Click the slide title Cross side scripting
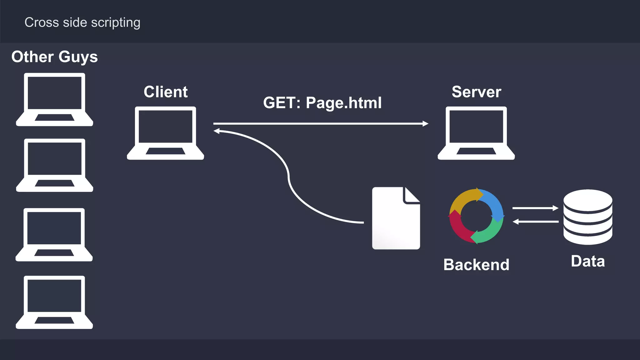[x=82, y=22]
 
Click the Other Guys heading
[x=54, y=57]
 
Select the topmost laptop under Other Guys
[x=54, y=99]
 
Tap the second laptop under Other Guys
[x=54, y=165]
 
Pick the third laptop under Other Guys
[x=54, y=234]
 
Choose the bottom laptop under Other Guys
[x=54, y=302]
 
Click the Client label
[x=165, y=92]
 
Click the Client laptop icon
[x=165, y=133]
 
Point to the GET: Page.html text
[x=322, y=103]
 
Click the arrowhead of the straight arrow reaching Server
[x=426, y=124]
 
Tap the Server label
[x=476, y=92]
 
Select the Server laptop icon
[x=476, y=133]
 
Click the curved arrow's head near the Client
[x=217, y=131]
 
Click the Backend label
[x=476, y=265]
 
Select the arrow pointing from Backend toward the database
[x=535, y=208]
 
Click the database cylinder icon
[x=587, y=217]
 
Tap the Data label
[x=587, y=261]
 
